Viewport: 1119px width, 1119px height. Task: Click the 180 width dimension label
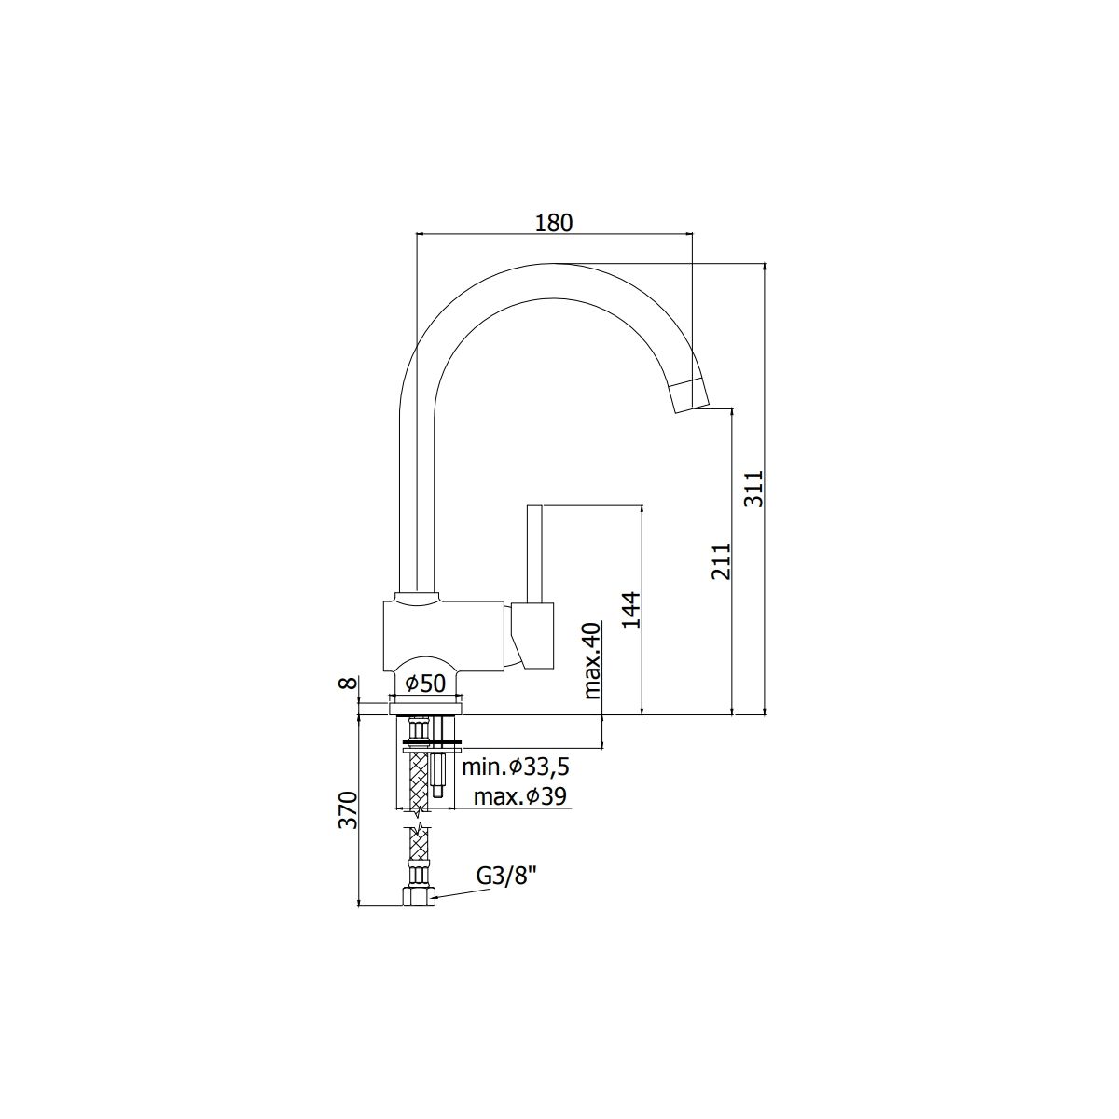click(x=553, y=223)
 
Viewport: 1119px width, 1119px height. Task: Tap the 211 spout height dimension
click(x=722, y=561)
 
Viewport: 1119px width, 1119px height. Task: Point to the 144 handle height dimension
click(x=631, y=609)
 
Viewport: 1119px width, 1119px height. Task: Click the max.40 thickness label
click(x=593, y=659)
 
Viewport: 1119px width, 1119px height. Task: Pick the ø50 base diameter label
click(x=425, y=683)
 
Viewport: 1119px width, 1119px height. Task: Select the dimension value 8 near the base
click(x=347, y=682)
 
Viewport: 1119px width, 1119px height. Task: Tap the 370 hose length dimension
click(x=348, y=808)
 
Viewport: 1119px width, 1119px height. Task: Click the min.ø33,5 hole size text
click(x=515, y=767)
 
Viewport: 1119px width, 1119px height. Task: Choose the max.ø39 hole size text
click(x=519, y=796)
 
